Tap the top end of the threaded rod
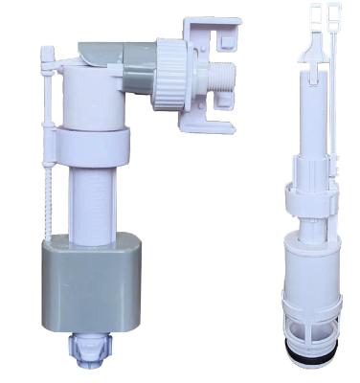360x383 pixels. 46,53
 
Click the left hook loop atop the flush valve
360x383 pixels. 316,13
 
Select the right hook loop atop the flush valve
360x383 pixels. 333,14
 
